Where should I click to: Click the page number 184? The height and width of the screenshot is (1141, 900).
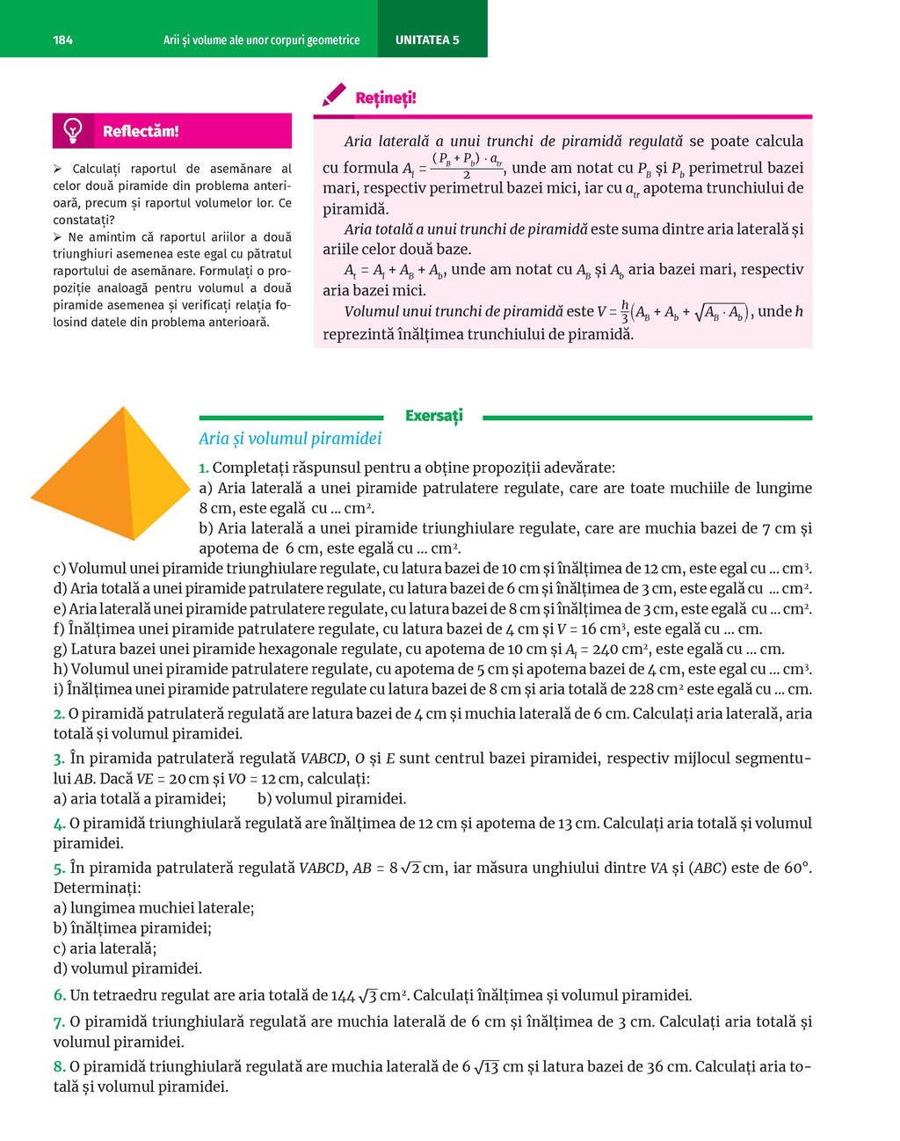(x=62, y=40)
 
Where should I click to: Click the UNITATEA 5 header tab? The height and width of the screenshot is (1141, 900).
(x=427, y=40)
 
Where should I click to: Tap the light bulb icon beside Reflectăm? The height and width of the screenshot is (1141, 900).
(x=73, y=130)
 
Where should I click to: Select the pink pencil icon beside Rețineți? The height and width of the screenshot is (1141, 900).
(x=333, y=96)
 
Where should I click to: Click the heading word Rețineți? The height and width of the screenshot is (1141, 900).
(x=386, y=98)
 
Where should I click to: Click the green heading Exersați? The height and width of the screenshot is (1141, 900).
(x=433, y=416)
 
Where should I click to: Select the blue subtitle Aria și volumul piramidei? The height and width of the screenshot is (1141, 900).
(x=290, y=439)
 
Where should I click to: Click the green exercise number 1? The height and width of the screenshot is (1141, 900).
(x=203, y=469)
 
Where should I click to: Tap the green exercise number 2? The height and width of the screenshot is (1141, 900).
(x=58, y=714)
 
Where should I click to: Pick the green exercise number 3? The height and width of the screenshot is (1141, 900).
(x=58, y=759)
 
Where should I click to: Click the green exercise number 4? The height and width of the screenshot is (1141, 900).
(x=59, y=824)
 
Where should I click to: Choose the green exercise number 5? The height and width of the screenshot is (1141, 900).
(x=59, y=868)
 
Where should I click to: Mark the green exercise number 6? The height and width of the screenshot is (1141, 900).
(x=59, y=996)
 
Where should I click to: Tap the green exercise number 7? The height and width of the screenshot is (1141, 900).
(x=59, y=1022)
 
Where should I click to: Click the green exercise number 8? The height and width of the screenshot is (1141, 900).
(x=59, y=1067)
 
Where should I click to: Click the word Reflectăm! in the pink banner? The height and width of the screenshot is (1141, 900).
(x=141, y=131)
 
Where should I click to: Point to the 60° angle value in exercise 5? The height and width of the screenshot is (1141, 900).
(x=795, y=868)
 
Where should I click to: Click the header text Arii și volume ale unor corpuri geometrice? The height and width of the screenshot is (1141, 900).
(x=261, y=40)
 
